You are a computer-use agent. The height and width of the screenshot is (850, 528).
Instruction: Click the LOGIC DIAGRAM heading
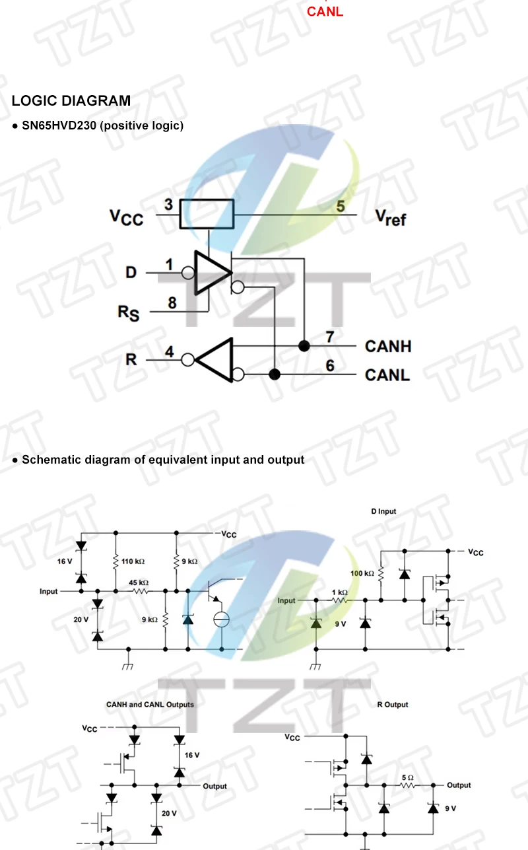[71, 101]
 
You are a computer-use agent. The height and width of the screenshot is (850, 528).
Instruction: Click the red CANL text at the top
[325, 12]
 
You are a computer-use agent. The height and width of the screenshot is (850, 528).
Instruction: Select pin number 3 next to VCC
[169, 205]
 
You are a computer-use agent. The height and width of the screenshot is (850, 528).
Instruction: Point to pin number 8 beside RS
[172, 303]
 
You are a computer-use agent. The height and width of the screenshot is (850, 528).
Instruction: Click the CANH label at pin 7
[387, 346]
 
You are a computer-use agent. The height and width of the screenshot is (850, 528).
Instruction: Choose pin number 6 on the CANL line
[330, 366]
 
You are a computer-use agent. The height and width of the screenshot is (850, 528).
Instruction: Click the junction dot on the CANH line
[304, 346]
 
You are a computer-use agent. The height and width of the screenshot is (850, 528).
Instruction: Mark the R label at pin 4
[131, 360]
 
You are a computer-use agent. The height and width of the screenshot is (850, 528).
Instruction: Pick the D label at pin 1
[131, 271]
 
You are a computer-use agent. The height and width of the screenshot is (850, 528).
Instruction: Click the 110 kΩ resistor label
[133, 561]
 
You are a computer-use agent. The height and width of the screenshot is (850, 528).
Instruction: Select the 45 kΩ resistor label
[138, 583]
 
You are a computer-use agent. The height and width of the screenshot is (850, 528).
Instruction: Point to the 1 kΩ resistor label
[339, 592]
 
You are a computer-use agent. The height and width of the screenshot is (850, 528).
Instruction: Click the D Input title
[383, 511]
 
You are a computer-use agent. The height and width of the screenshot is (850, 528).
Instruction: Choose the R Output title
[393, 705]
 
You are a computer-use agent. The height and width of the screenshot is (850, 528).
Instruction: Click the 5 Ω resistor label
[407, 778]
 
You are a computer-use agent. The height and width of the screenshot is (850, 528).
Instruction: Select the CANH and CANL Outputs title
[150, 705]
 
